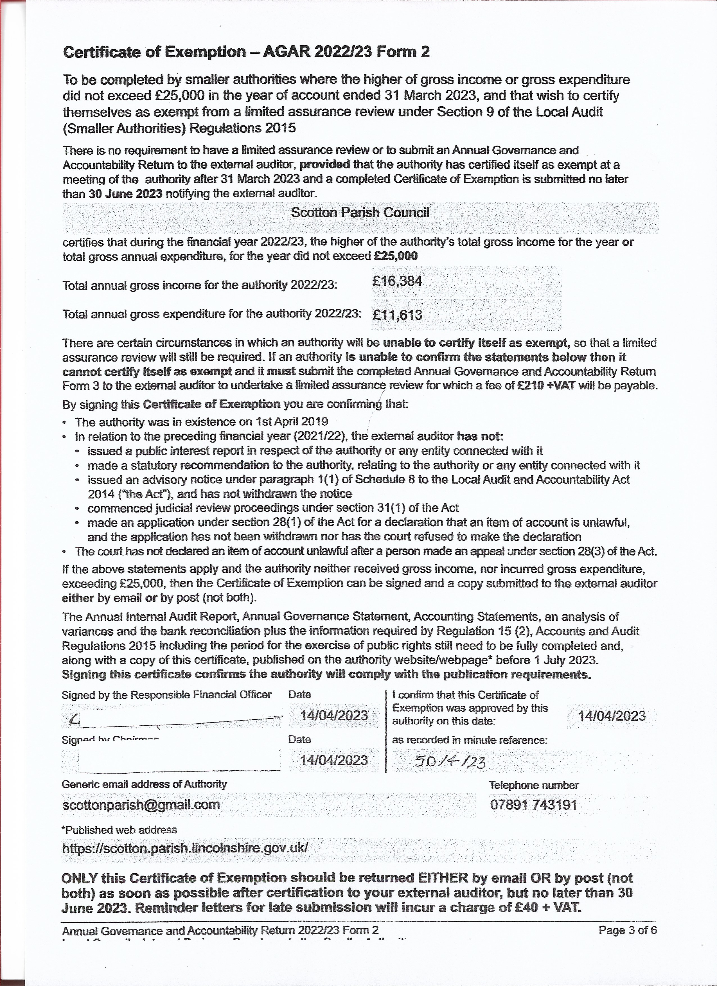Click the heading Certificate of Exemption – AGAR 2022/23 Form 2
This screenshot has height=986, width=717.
coord(246,52)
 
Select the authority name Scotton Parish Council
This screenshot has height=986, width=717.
coord(360,212)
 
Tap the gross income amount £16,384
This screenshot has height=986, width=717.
coord(397,281)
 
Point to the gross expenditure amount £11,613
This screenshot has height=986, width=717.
coord(397,314)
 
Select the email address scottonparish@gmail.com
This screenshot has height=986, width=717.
coord(141,804)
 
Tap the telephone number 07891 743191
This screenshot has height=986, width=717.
coord(533,804)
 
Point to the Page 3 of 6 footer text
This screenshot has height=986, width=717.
coord(627,930)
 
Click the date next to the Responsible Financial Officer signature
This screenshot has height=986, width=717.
coord(334,715)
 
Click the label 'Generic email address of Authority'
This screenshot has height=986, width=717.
coord(144,784)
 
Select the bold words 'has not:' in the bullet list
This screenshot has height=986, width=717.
coord(480,436)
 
